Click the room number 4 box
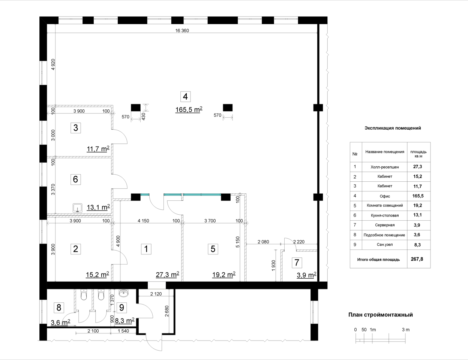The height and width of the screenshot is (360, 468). click(185, 97)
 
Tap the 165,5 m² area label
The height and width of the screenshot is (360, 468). click(189, 109)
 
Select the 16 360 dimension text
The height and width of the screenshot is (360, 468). click(182, 31)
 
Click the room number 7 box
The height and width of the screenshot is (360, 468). click(297, 263)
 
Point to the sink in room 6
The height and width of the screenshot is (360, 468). click(77, 208)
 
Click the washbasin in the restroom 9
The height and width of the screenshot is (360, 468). click(124, 293)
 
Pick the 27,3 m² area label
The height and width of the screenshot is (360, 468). click(167, 275)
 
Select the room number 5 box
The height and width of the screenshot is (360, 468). click(213, 249)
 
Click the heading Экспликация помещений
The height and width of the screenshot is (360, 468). click(393, 128)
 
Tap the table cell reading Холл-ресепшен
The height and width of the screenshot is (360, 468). click(385, 167)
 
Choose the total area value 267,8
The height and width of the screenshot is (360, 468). click(417, 259)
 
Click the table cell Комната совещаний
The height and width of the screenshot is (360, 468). click(385, 205)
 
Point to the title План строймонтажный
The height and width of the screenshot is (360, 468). click(381, 315)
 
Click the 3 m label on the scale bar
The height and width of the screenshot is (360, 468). click(406, 330)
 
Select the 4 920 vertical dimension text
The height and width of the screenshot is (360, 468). click(53, 64)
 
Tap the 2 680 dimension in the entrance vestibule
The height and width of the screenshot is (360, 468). click(167, 311)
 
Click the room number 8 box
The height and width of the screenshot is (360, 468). click(59, 308)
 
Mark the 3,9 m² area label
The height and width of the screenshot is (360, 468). click(306, 275)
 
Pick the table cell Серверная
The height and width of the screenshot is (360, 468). click(385, 225)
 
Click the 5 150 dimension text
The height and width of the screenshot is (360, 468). click(237, 242)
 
